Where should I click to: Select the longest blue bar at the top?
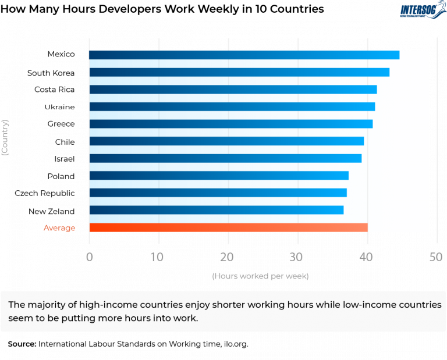pos(244,55)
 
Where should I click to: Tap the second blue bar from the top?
pos(239,72)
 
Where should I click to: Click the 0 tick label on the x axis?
pos(89,257)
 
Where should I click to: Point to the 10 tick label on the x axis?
pos(158,257)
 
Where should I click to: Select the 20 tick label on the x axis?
pos(228,257)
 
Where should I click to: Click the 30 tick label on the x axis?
pos(297,257)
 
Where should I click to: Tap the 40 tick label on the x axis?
pos(367,257)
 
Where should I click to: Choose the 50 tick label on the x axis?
pos(436,257)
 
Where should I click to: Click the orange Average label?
pos(59,228)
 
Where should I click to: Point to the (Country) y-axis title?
pos(5,137)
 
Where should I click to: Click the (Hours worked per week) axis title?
pos(260,276)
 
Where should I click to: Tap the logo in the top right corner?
pos(423,10)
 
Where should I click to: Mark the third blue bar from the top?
pos(233,90)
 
